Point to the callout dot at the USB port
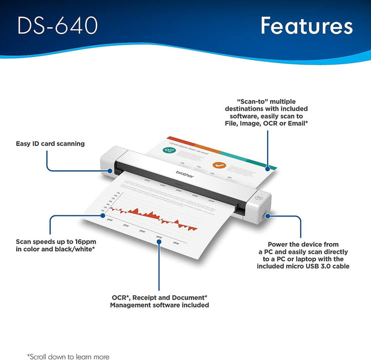[x=266, y=216]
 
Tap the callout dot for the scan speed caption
[x=102, y=215]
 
